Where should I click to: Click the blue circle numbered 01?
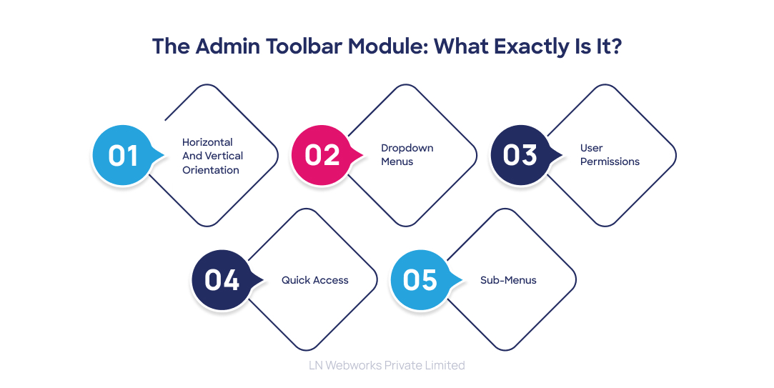[122, 155]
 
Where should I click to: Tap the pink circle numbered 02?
[321, 155]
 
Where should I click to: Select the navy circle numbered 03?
[520, 155]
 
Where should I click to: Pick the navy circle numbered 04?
[222, 280]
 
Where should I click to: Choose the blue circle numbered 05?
[420, 280]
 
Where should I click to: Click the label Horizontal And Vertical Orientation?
[212, 156]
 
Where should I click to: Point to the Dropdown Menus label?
[407, 155]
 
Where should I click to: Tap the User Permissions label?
[609, 155]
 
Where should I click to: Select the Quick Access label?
[314, 280]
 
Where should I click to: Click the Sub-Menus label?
[507, 280]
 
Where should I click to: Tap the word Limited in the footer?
[444, 365]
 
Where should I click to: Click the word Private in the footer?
[402, 365]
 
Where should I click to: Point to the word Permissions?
[609, 162]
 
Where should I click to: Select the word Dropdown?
[407, 148]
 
